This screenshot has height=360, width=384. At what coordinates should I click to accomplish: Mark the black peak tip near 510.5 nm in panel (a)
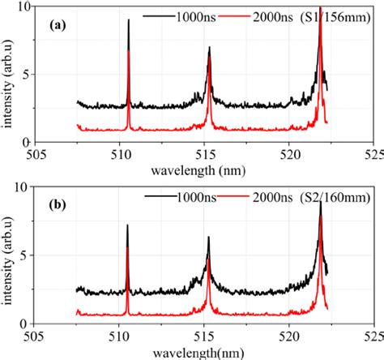click(129, 21)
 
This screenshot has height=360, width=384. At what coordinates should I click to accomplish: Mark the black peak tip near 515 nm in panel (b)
click(208, 238)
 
